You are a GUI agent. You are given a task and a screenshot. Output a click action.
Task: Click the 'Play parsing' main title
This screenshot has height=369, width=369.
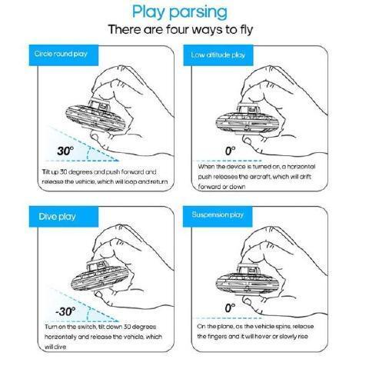pos(180,12)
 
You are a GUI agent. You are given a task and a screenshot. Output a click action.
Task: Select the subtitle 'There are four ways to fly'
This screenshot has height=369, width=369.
pos(181,29)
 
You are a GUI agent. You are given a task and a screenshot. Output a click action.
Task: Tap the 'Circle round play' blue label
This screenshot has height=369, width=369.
pos(64,55)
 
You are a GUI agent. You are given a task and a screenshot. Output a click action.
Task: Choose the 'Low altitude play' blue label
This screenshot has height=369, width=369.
pos(218,55)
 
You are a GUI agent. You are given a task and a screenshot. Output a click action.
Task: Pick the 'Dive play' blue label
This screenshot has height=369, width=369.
pos(64,217)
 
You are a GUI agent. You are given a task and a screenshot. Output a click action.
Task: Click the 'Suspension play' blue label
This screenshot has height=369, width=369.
pos(218,217)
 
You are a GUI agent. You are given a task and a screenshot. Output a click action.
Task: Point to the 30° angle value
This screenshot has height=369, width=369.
pos(65,151)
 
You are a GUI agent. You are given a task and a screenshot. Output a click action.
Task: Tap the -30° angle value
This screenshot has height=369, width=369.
pos(65,311)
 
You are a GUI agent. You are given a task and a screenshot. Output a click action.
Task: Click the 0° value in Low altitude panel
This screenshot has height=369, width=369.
pos(230,151)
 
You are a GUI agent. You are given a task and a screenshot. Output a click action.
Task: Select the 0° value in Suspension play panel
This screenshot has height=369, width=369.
pos(230,308)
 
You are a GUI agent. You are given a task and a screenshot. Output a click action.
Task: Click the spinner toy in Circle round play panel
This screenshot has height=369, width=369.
pos(95,116)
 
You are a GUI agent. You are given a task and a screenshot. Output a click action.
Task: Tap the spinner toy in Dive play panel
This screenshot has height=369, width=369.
pos(100,275)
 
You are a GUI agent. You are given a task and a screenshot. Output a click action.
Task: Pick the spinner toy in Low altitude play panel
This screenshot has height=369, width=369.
pos(247,118)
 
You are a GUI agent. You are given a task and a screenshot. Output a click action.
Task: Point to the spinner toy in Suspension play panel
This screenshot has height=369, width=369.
pos(247,280)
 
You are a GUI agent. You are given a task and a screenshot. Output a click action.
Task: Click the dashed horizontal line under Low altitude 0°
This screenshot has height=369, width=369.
pos(228,161)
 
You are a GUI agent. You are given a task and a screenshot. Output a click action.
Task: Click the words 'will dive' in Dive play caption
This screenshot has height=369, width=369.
pos(55,347)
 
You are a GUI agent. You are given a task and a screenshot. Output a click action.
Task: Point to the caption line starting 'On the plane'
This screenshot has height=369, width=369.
pos(255,327)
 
